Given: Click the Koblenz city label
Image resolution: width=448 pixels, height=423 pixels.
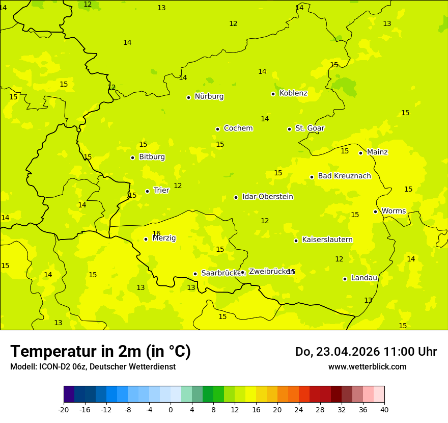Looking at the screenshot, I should (293, 93).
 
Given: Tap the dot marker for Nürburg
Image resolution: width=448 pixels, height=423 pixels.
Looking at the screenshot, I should (188, 97).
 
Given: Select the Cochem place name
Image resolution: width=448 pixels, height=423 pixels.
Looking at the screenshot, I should (238, 128).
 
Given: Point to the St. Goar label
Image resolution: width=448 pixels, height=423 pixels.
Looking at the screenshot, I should (310, 128).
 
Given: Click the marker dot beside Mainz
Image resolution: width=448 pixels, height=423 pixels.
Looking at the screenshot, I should (360, 153).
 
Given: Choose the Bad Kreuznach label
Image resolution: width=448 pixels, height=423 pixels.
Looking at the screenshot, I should (344, 176).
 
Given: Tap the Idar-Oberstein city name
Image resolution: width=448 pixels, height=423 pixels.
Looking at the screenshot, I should (267, 197).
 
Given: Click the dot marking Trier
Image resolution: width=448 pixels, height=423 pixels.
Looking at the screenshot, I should (148, 191).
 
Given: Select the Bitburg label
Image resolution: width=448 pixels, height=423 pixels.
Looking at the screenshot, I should (152, 157).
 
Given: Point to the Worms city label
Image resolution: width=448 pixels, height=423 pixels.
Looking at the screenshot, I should (394, 211).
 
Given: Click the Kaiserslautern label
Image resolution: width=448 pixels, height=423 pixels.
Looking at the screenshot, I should (327, 240).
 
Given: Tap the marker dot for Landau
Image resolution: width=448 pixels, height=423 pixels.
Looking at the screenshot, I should (345, 279).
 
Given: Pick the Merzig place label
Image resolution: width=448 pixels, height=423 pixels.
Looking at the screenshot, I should (164, 239).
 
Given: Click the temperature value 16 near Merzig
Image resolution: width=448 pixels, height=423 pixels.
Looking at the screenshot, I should (156, 233).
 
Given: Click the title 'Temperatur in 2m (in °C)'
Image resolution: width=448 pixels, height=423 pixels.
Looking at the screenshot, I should (100, 351).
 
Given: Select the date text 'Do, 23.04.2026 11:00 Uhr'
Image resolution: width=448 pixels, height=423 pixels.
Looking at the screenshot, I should (366, 352).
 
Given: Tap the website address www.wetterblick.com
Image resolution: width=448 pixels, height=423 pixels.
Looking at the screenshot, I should (367, 367).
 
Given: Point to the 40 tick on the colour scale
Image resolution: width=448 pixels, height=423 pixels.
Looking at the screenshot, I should (384, 410).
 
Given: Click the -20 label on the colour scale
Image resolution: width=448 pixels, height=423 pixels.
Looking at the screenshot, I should (64, 410).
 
